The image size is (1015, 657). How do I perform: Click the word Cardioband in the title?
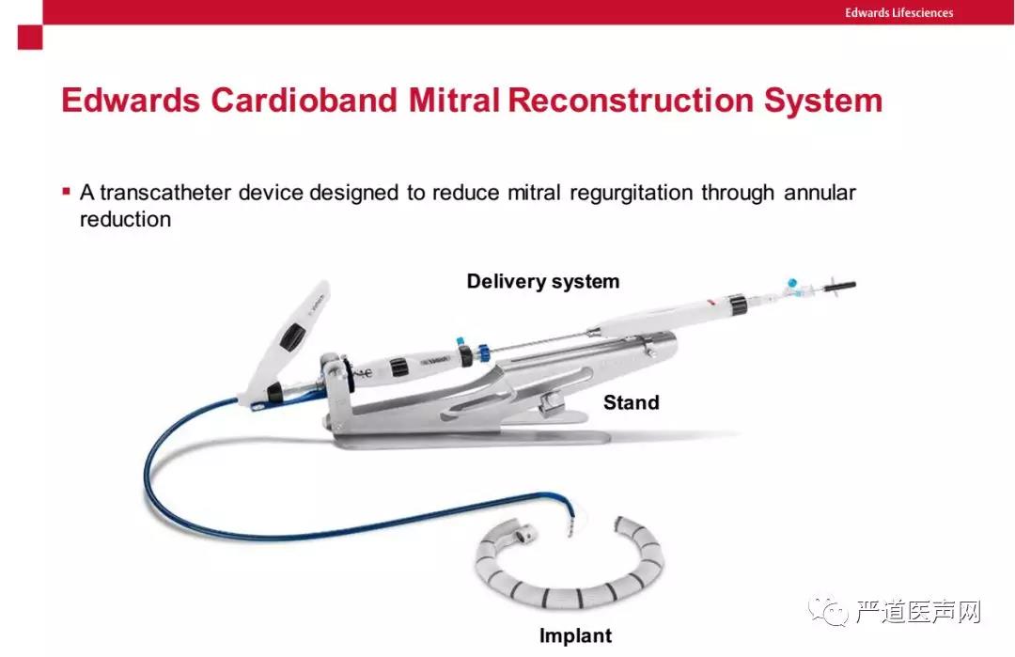point(304,101)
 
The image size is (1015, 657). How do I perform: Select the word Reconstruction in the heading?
point(632,101)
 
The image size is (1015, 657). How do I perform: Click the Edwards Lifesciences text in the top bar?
point(898,12)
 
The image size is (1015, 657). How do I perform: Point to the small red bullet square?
point(66,191)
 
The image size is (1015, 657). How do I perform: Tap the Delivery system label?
point(543,282)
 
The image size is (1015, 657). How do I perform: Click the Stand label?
point(632,402)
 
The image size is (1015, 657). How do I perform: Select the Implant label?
point(575,635)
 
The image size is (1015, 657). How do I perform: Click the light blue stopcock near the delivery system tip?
point(792,284)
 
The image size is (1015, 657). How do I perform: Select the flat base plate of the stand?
point(473,439)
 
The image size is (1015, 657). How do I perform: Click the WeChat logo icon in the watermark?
point(828,610)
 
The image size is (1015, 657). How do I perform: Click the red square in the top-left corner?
point(30,37)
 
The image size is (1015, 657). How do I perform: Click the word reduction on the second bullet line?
point(126,219)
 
